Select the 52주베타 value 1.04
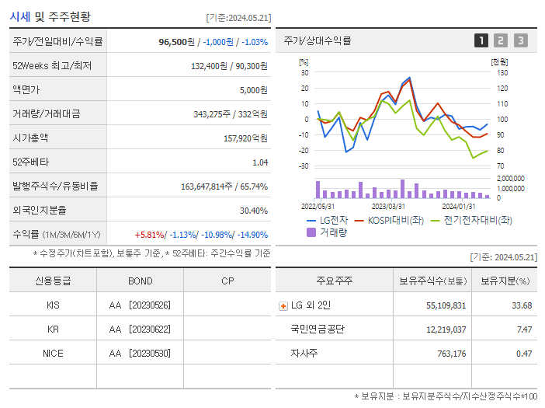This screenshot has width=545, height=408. pos(259,162)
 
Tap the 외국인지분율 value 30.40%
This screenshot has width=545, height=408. pos(253,210)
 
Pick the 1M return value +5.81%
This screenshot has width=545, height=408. pos(149,235)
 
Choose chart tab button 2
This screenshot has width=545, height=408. pos(501,40)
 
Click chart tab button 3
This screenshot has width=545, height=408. pos(520,40)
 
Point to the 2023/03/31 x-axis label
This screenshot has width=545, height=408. pos(388,207)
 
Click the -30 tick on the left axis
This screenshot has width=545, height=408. pos(304,166)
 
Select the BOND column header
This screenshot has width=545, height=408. pos(141,281)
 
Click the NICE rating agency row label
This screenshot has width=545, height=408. pos(53,353)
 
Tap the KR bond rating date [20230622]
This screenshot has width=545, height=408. pos(149,329)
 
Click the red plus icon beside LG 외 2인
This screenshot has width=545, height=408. pos(283,305)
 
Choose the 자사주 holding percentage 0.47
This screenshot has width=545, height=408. pos(524,354)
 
